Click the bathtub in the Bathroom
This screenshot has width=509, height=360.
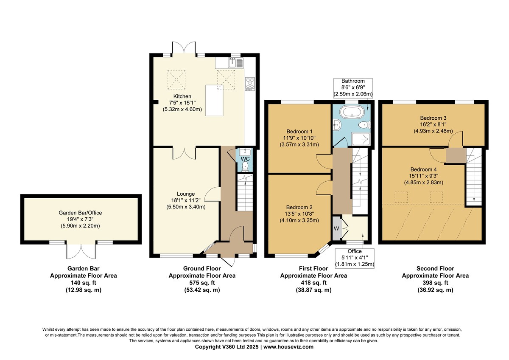coord(352,112)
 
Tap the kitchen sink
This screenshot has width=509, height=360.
coord(236,63)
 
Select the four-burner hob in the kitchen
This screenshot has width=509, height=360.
coord(250,84)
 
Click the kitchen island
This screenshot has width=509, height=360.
coord(214,101)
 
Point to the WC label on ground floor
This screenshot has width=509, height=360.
coord(245,159)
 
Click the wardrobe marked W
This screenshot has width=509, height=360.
coord(336,228)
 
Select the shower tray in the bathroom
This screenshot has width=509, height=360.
coord(361,139)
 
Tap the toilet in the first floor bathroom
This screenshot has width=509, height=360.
coord(365,125)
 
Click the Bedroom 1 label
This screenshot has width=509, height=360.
coord(299,132)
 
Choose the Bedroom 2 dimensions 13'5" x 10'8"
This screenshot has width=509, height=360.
coord(299,214)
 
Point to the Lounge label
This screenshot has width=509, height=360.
coord(186,194)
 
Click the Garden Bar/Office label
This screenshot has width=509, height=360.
coord(80,213)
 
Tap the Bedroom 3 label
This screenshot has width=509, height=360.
coord(433,118)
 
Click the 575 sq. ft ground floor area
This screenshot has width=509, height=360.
coord(202,283)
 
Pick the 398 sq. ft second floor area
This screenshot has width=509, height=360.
coord(435,283)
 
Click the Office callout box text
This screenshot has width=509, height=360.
coord(355,258)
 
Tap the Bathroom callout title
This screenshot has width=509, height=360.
coord(353,81)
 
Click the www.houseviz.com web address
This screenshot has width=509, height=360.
coord(288,347)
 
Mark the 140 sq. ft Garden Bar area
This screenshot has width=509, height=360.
coord(84,283)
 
